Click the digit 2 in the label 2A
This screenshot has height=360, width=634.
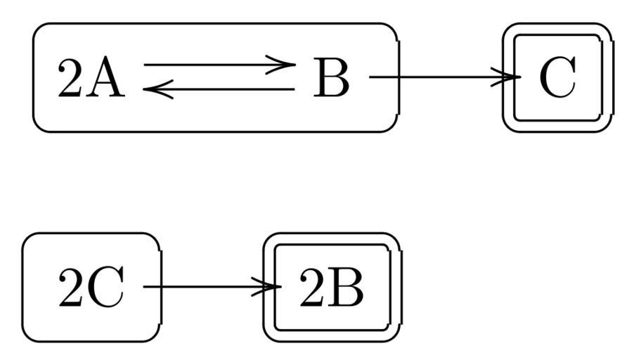point(71,78)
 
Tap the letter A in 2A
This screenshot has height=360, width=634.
point(108,78)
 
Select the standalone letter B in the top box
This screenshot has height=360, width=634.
point(330,78)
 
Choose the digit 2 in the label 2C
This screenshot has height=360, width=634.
point(71,288)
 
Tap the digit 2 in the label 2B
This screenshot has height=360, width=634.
point(312,288)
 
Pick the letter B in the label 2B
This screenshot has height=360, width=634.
point(348,288)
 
